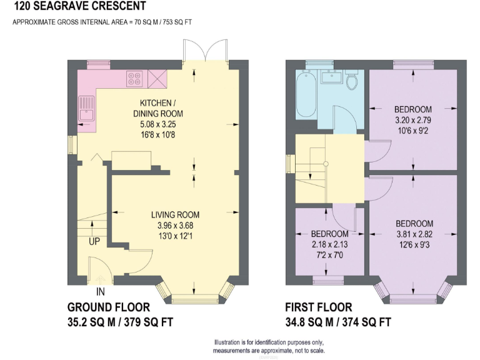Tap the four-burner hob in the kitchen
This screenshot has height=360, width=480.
(x=134, y=79)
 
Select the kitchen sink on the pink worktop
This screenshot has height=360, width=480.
(x=86, y=109)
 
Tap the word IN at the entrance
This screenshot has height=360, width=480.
(x=100, y=291)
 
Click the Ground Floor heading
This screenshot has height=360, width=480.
(x=108, y=307)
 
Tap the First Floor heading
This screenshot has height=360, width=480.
(x=318, y=307)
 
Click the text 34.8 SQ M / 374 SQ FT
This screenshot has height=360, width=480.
(x=337, y=322)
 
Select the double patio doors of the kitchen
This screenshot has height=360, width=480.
(x=204, y=51)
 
